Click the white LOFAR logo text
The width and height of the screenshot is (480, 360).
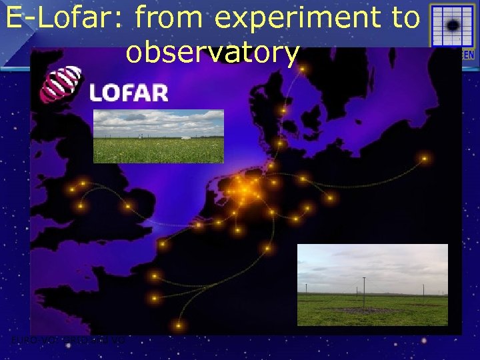pyautogui.click(x=129, y=93)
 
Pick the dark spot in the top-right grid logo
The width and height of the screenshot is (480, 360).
pyautogui.click(x=453, y=26)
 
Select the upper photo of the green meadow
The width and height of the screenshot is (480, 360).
pyautogui.click(x=158, y=137)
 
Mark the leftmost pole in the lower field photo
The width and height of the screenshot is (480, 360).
pyautogui.click(x=306, y=289)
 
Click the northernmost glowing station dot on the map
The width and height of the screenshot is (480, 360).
pyautogui.click(x=301, y=69)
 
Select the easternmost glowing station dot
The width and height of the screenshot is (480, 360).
pyautogui.click(x=424, y=159)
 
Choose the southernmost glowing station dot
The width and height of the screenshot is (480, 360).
pyautogui.click(x=179, y=325)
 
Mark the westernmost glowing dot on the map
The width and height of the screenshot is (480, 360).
pyautogui.click(x=71, y=190)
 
